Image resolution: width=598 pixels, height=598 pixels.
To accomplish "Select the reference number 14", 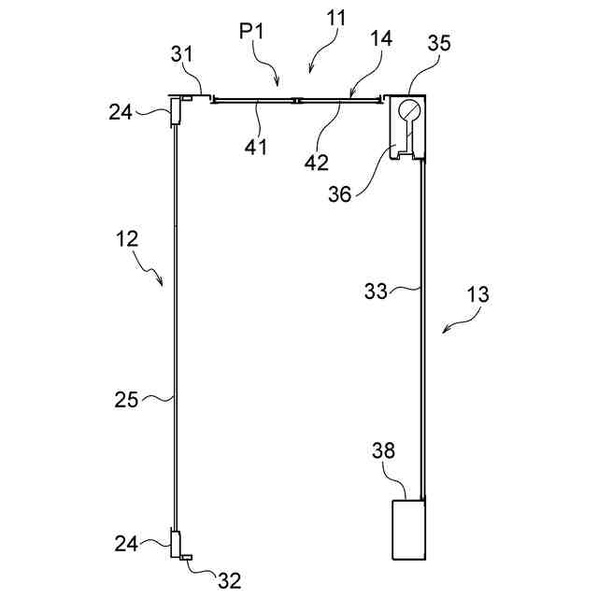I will click(x=380, y=40).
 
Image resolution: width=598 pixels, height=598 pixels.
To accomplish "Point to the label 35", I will click(x=439, y=43).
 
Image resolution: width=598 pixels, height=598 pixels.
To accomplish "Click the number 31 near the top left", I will click(x=182, y=55).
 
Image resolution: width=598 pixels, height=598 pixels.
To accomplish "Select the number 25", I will click(x=127, y=400).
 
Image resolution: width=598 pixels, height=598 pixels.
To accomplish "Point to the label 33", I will click(x=377, y=291).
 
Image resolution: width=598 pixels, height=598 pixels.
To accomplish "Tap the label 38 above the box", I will click(x=383, y=450).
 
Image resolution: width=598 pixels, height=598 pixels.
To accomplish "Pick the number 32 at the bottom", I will click(x=229, y=580).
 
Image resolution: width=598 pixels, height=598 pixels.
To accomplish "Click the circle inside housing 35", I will click(x=410, y=111).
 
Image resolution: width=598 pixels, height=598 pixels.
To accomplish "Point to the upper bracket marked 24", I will click(x=174, y=115).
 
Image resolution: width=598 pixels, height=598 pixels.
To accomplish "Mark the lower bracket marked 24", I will click(x=174, y=542).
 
